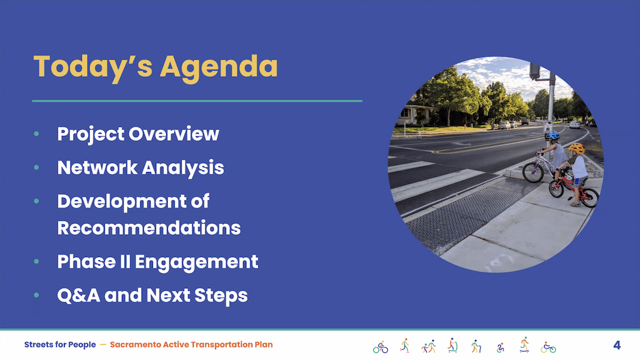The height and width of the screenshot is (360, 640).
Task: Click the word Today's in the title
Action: [93, 67]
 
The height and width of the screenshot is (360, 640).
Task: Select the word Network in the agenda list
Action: [97, 168]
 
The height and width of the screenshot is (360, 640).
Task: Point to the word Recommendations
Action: [149, 228]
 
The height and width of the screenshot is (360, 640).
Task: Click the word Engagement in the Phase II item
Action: [196, 262]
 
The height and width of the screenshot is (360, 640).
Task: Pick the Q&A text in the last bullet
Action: [78, 295]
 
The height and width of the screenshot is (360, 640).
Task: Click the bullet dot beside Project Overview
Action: [37, 134]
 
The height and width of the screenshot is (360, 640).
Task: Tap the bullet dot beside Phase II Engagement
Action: [37, 261]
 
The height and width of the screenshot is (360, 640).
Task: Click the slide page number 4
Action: [617, 345]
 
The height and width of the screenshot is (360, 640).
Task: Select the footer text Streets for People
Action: [60, 345]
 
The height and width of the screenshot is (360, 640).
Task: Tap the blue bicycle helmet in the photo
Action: [554, 135]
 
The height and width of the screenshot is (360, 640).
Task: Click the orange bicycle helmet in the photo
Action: [577, 148]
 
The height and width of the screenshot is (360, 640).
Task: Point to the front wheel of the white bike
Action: [533, 172]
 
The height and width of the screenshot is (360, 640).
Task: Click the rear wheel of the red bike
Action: [589, 197]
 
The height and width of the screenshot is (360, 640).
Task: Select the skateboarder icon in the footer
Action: [524, 345]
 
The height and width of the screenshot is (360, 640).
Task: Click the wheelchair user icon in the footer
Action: [500, 347]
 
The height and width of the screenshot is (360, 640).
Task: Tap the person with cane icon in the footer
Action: [476, 346]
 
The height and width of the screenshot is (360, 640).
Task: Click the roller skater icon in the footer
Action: [404, 345]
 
